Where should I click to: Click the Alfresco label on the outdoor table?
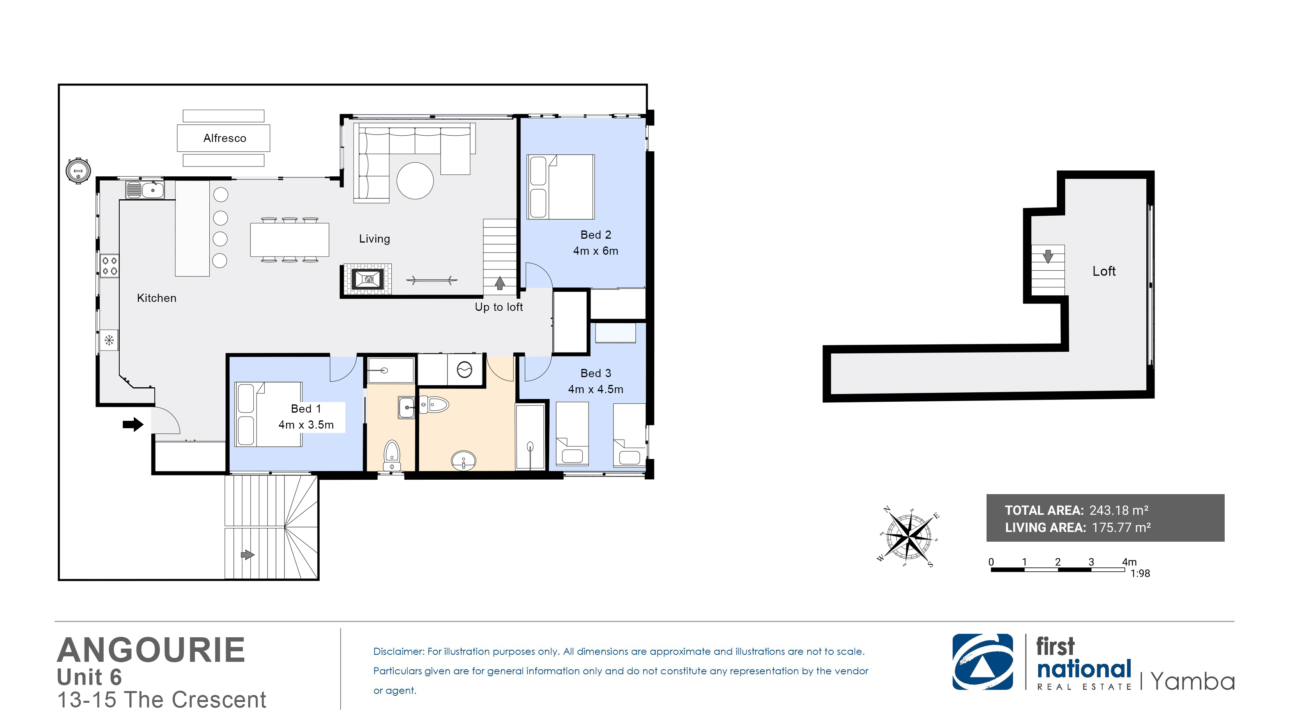coord(225,138)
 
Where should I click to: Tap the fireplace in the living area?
coord(368,279)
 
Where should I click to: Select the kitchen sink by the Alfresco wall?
coord(145,190)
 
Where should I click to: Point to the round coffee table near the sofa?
coord(415,181)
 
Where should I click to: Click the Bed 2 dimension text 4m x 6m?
coord(596,251)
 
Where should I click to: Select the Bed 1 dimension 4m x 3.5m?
coord(306,425)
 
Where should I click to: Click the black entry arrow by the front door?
coord(133,425)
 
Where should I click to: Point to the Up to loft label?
coord(499,307)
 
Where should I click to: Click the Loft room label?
coord(1104,271)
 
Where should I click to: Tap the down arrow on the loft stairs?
coord(1048,256)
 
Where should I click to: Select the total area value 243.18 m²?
coord(1119,510)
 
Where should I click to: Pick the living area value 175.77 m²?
coord(1121,527)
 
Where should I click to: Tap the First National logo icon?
coord(983,662)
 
